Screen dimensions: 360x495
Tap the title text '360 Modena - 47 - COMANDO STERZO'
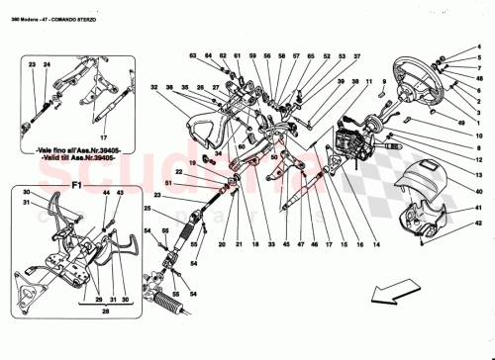point(59,7)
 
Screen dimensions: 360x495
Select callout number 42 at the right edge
point(477,225)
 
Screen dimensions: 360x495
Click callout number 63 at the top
point(194,56)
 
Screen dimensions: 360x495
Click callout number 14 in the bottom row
point(375,244)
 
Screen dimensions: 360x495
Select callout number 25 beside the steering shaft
point(148,209)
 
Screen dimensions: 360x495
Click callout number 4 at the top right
point(477,56)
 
